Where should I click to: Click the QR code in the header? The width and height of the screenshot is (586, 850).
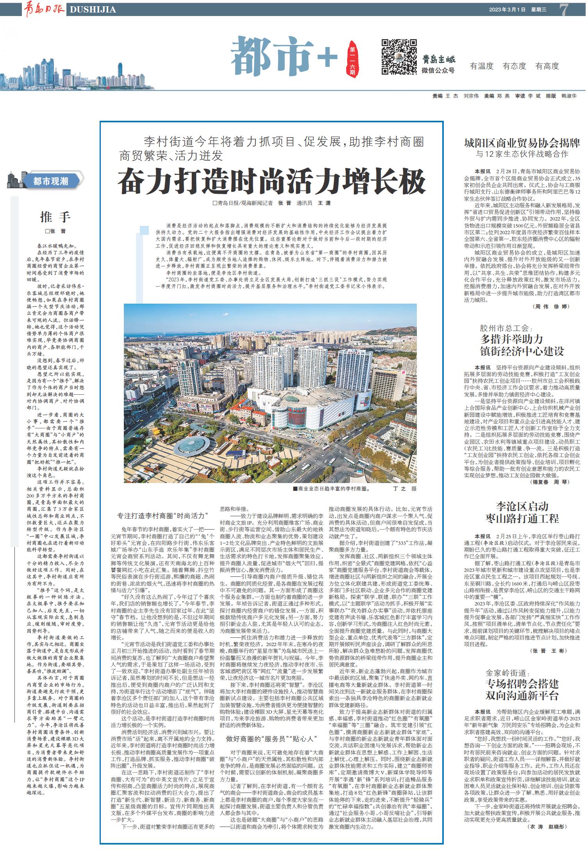[399, 57]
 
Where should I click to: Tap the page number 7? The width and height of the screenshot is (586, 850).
[563, 10]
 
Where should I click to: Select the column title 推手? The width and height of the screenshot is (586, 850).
[55, 217]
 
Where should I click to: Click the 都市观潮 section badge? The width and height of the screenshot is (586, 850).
[50, 181]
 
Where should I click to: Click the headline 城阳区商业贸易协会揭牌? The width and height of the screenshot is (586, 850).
[522, 143]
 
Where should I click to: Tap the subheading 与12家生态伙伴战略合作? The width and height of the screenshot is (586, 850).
[522, 154]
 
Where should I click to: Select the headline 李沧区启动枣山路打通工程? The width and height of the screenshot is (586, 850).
[522, 512]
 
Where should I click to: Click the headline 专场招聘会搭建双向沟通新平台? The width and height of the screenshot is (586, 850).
[522, 689]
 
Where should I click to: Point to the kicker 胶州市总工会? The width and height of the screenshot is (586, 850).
[506, 328]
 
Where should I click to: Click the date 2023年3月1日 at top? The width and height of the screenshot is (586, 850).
[507, 10]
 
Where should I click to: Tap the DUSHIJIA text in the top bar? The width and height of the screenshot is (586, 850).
[93, 10]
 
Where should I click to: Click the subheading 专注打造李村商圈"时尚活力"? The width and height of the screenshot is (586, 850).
[163, 516]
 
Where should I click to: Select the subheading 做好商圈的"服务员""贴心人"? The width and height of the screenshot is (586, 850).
[271, 739]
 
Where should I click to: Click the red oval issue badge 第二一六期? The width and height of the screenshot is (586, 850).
[352, 59]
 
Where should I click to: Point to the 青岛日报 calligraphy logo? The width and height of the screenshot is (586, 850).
[44, 9]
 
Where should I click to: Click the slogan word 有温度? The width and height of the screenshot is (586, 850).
[482, 66]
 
